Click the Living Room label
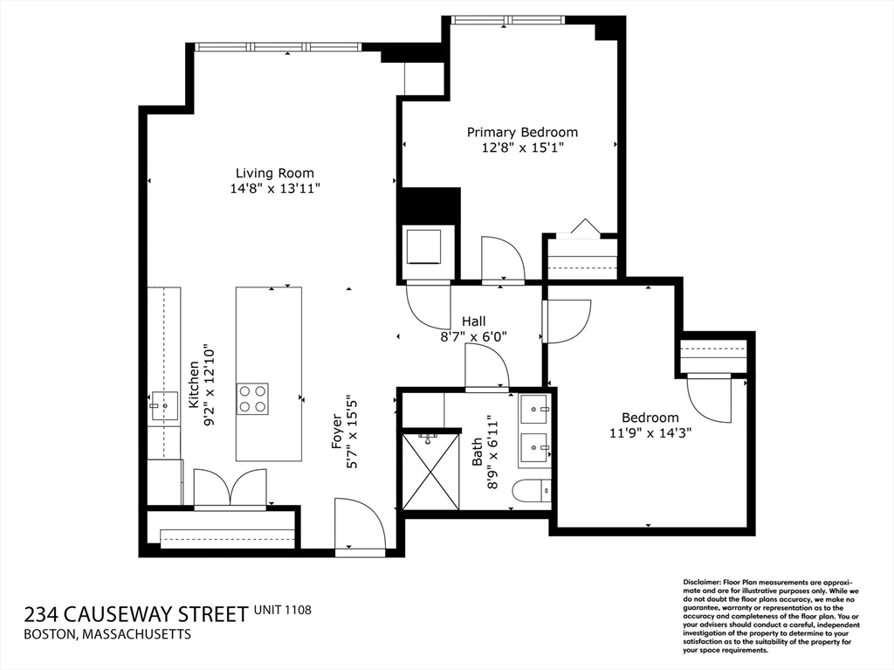(x=275, y=173)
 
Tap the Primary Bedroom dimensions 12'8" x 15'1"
(x=523, y=148)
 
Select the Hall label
(x=474, y=321)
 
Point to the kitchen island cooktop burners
(x=252, y=399)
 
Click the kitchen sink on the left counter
(x=164, y=406)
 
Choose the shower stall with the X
(x=430, y=472)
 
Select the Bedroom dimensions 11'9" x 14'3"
(x=650, y=432)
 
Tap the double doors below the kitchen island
(x=230, y=488)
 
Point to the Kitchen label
(x=195, y=384)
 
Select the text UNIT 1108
(x=283, y=610)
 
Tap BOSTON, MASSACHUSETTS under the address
(x=107, y=634)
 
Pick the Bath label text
(x=477, y=451)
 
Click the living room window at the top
(x=277, y=47)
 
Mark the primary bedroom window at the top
(x=507, y=20)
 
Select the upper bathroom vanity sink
(x=534, y=409)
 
